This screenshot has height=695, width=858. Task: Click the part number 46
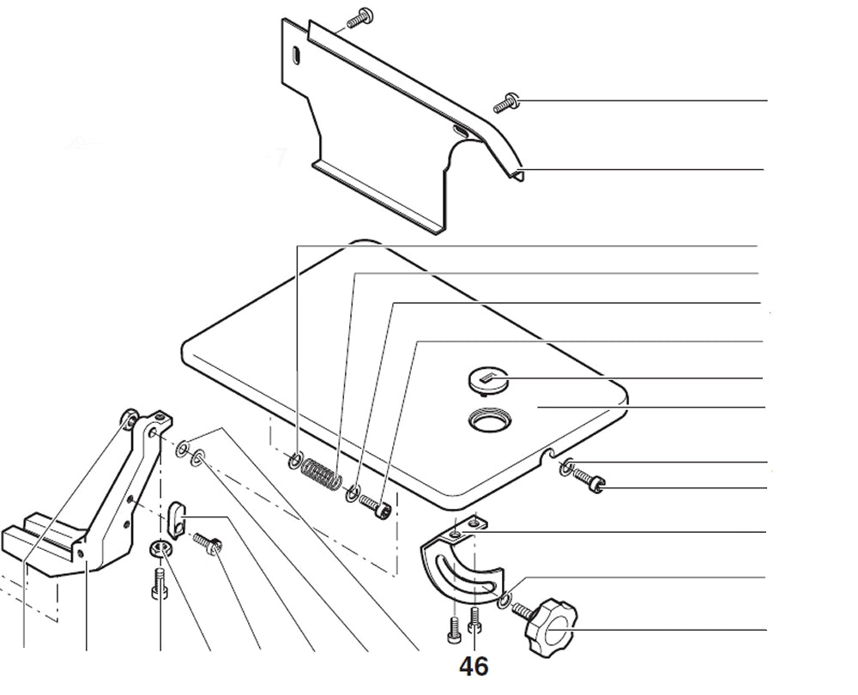(x=474, y=666)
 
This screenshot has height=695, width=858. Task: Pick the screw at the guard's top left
(x=359, y=16)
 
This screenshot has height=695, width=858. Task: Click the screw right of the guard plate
(x=505, y=103)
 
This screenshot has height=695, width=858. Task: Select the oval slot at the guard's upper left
(x=295, y=55)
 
